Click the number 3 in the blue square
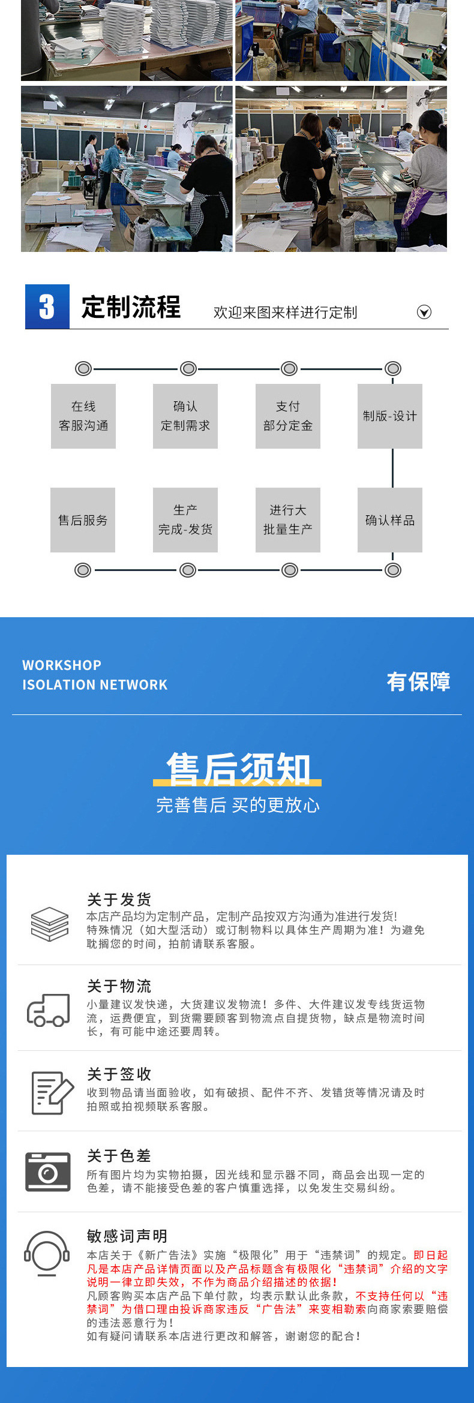tap(47, 307)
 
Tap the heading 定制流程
tap(131, 307)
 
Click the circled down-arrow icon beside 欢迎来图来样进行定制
tap(424, 312)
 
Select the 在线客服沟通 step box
tap(83, 416)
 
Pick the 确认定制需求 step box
tap(185, 416)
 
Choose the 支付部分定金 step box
tap(288, 416)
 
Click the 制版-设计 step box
tap(390, 416)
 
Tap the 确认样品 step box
tap(390, 520)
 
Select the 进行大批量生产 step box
tap(288, 520)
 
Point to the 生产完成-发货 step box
tap(185, 520)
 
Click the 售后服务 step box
tap(83, 520)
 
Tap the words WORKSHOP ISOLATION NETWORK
tap(95, 675)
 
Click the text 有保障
tap(418, 681)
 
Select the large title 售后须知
tap(238, 769)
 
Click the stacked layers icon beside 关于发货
tap(50, 924)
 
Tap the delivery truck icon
tap(48, 1011)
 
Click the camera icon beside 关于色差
tap(48, 1171)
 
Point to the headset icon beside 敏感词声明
tap(47, 1253)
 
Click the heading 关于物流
tap(119, 986)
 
